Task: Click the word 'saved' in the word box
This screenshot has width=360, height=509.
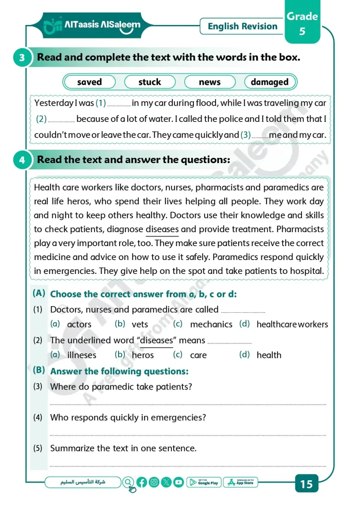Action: pos(89,82)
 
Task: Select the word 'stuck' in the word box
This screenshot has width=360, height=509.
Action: pos(150,82)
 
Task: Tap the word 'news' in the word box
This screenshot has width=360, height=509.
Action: pos(210,82)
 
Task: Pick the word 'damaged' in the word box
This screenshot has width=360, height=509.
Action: pos(269,82)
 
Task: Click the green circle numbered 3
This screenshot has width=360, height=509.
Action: pos(22,58)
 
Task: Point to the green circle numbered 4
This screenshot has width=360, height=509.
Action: pos(22,160)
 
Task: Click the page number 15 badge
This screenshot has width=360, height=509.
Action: pos(306,484)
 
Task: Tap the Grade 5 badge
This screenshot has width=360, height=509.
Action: pos(302,24)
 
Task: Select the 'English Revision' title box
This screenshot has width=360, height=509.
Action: pos(242,26)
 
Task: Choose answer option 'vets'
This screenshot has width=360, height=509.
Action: pos(140,325)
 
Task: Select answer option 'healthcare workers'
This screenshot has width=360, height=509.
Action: pos(292,325)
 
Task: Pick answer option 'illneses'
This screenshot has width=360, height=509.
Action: pos(82,355)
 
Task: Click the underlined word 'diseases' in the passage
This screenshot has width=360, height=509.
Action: pos(162,229)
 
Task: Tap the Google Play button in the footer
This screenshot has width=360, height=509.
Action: pos(204,482)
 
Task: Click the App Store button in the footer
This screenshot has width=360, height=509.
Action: pos(241,482)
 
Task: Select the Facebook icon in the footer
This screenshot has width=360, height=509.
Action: pos(142,482)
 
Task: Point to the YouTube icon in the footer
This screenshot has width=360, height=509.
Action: pos(179,482)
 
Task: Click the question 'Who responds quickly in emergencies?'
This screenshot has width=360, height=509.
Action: pos(128,418)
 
